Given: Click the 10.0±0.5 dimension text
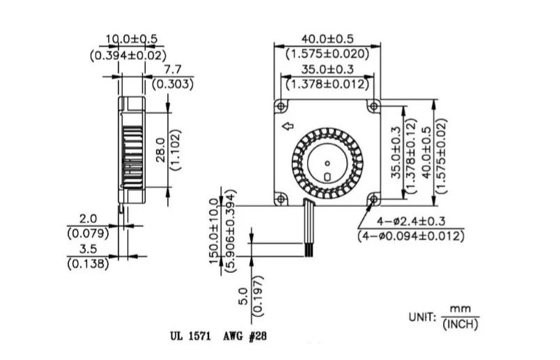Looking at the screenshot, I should (132, 39).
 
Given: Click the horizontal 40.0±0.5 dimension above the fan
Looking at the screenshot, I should (327, 39).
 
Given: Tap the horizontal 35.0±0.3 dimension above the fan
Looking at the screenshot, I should (327, 70).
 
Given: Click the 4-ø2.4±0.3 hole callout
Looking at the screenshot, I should (410, 222).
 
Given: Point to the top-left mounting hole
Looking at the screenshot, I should (281, 105).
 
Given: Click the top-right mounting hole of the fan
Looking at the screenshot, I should (374, 105).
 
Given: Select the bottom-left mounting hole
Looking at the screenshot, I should (281, 198).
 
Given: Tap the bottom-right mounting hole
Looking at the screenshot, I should (374, 198).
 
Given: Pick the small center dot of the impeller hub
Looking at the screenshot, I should (327, 164).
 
